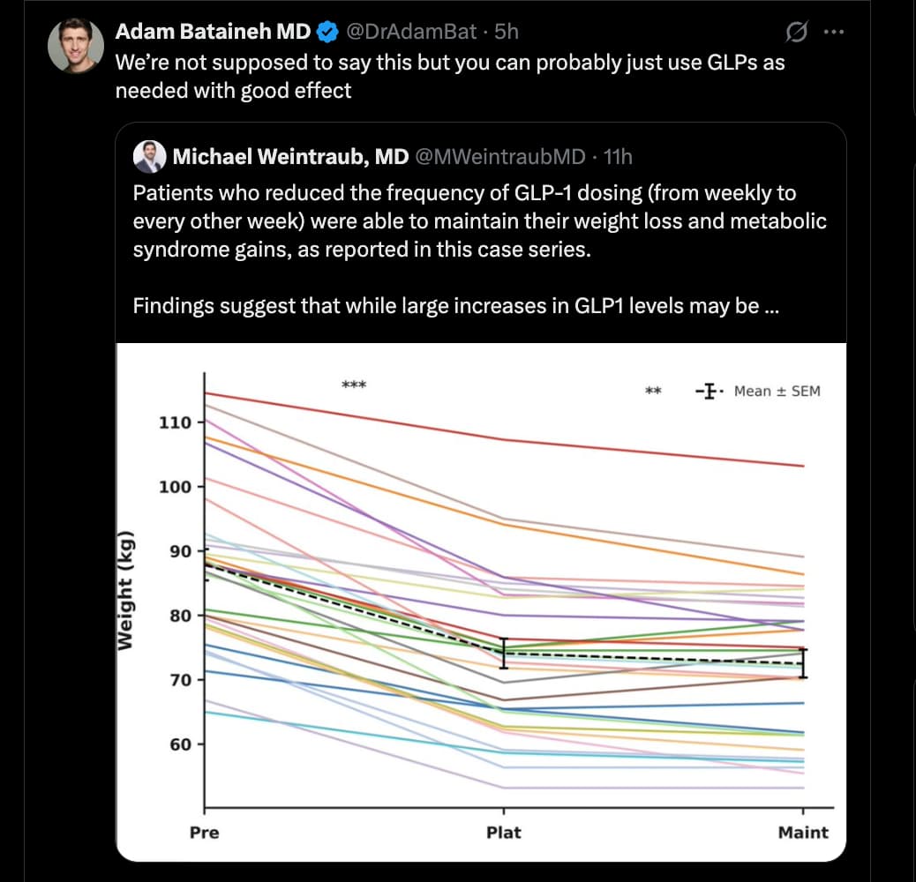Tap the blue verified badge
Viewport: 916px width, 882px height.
pyautogui.click(x=327, y=33)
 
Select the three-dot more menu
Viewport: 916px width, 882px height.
pyautogui.click(x=833, y=33)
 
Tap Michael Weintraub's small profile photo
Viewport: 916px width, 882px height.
pyautogui.click(x=150, y=157)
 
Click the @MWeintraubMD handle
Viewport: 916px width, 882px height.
pyautogui.click(x=499, y=157)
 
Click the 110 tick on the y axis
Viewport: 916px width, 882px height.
pyautogui.click(x=175, y=422)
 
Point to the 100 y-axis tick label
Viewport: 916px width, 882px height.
pyautogui.click(x=175, y=487)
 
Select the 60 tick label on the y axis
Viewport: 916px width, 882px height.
pyautogui.click(x=180, y=744)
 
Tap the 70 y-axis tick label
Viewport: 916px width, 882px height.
pyautogui.click(x=180, y=679)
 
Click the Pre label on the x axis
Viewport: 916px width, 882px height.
pyautogui.click(x=205, y=832)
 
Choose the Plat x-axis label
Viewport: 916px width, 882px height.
pyautogui.click(x=504, y=832)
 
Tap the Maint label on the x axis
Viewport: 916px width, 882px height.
pyautogui.click(x=803, y=832)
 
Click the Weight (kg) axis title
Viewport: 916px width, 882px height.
pyautogui.click(x=128, y=591)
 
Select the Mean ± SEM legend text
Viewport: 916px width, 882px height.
pyautogui.click(x=777, y=391)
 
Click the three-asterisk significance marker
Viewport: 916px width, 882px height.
pyautogui.click(x=353, y=385)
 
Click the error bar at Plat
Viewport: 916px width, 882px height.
pyautogui.click(x=504, y=653)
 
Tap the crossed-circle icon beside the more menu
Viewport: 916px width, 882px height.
pyautogui.click(x=795, y=33)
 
